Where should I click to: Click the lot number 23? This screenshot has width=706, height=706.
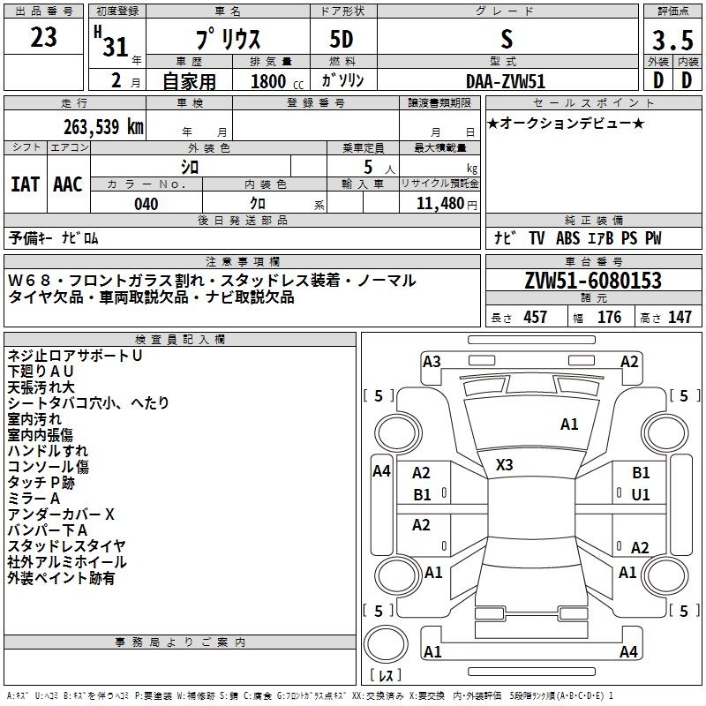click(43, 37)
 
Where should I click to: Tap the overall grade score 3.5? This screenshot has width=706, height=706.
click(672, 40)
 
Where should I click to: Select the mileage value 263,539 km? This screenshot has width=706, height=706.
click(103, 127)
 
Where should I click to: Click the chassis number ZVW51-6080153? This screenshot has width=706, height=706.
click(593, 281)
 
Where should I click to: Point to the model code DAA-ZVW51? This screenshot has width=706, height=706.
click(506, 81)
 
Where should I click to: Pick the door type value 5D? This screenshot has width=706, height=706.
click(342, 40)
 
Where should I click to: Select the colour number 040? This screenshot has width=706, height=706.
click(146, 204)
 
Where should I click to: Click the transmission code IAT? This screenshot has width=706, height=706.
click(26, 184)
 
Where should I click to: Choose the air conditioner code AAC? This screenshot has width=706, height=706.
click(68, 184)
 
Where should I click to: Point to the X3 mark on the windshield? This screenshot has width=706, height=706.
click(504, 465)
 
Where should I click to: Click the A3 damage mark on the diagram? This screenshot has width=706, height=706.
click(432, 362)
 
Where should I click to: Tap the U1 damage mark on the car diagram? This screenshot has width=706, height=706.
click(641, 495)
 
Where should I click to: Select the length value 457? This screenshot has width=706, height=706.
click(536, 317)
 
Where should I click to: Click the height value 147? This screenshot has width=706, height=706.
click(680, 317)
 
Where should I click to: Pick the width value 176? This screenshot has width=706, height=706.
click(609, 317)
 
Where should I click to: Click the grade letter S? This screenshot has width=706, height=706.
click(507, 39)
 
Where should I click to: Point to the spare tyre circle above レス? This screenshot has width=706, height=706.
click(386, 643)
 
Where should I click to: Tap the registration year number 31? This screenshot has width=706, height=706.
click(116, 47)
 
